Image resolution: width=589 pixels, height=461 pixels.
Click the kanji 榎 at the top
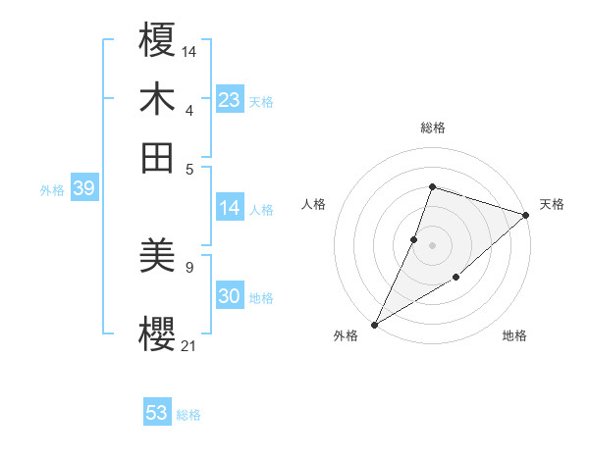click(x=158, y=42)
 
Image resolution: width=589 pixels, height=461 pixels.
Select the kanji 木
click(x=158, y=99)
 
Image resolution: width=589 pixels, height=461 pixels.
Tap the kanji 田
click(x=158, y=157)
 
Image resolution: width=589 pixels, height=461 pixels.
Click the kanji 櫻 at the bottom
click(x=158, y=332)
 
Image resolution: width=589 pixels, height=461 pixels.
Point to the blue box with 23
click(x=230, y=99)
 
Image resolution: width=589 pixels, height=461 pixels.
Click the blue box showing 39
click(x=83, y=188)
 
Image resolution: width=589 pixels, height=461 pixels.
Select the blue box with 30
click(x=230, y=296)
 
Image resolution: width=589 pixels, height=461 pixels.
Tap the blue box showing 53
click(x=157, y=413)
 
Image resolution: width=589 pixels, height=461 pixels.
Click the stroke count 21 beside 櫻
click(x=189, y=344)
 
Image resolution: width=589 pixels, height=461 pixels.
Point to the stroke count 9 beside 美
click(x=188, y=266)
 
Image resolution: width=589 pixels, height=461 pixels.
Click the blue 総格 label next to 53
click(x=188, y=415)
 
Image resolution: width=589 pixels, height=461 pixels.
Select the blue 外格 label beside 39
click(x=52, y=190)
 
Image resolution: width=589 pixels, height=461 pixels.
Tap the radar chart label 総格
click(x=432, y=128)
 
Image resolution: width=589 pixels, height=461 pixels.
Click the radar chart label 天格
click(x=552, y=204)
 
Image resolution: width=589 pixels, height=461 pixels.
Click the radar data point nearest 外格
click(x=374, y=324)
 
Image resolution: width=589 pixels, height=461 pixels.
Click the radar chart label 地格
click(x=514, y=336)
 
